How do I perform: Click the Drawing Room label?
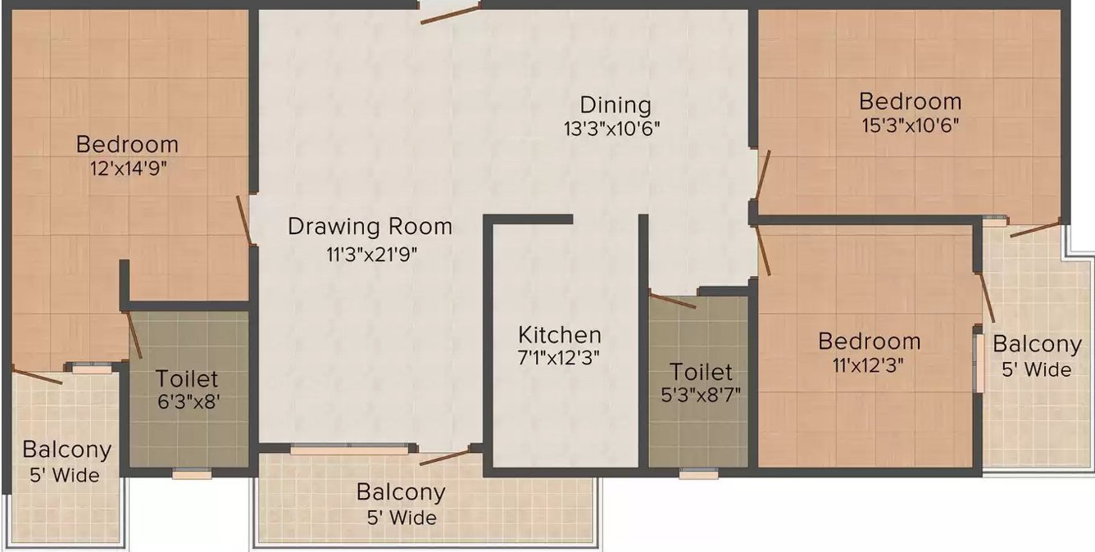point(370,226)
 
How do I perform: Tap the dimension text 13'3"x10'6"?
point(611,129)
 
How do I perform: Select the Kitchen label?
point(560,335)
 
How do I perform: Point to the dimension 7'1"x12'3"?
point(560,359)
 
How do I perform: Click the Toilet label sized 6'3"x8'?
point(187,379)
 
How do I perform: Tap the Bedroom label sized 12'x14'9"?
point(127,145)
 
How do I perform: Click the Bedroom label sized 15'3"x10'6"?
point(910,102)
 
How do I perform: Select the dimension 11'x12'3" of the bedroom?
point(870,365)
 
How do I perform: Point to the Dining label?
point(616,105)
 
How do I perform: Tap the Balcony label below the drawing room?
point(401,492)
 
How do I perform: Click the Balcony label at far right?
point(1037,344)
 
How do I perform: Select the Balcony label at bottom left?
point(66,450)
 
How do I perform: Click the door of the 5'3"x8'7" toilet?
point(672,300)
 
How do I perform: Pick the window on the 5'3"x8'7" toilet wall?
point(698,473)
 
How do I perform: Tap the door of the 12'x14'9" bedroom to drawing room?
point(244,219)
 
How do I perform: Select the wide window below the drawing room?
point(348,449)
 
